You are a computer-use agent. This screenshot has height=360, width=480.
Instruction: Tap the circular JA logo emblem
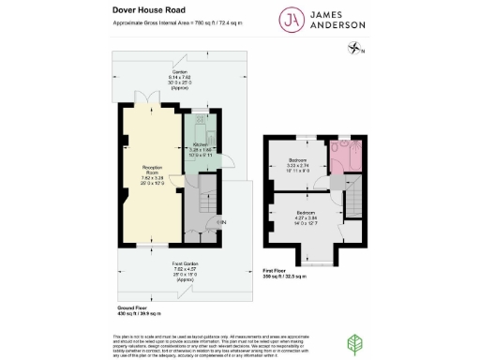tap(293, 21)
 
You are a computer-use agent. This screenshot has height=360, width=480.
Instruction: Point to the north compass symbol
tap(355, 49)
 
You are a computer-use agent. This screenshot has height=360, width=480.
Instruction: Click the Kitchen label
tap(201, 147)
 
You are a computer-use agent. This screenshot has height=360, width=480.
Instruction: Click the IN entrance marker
tap(222, 222)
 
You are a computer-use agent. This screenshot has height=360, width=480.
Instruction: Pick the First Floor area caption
tap(280, 275)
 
